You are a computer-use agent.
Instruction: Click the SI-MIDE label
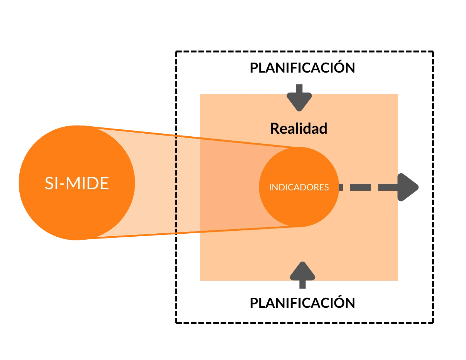[77, 183]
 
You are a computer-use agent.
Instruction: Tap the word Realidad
[298, 129]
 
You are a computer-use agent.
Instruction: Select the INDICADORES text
[299, 187]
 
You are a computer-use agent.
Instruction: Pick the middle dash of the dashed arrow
[360, 187]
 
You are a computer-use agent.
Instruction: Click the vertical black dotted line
[176, 184]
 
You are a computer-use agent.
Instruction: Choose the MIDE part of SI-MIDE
[88, 183]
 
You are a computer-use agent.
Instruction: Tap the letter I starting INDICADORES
[270, 187]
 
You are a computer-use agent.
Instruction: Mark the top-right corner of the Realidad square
[400, 93]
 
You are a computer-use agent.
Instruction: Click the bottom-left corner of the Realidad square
[199, 280]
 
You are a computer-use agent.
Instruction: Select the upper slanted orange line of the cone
[248, 143]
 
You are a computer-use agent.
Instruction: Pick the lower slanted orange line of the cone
[248, 229]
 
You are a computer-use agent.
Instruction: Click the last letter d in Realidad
[323, 129]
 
